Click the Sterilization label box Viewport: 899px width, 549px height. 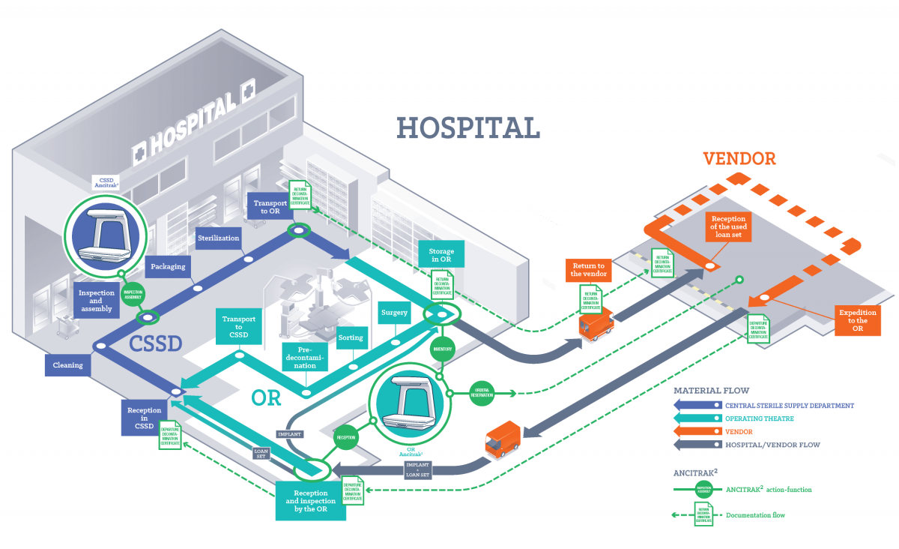point(218,238)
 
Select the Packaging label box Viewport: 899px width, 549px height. point(169,266)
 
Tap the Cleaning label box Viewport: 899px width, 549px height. point(67,365)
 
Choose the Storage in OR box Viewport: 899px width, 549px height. point(441,255)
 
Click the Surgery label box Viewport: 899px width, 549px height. point(393,313)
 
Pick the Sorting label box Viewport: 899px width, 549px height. point(351,337)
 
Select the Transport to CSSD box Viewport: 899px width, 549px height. point(239,326)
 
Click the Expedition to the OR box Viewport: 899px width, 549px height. point(857,320)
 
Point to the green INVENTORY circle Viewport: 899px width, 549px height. point(442,349)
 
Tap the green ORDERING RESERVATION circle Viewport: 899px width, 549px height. point(482,391)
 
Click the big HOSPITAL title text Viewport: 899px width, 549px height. point(468,127)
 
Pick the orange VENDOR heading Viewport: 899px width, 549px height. point(739,158)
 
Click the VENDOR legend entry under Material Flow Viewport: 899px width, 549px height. point(738,432)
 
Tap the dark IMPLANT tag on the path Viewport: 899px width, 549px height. point(290,434)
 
